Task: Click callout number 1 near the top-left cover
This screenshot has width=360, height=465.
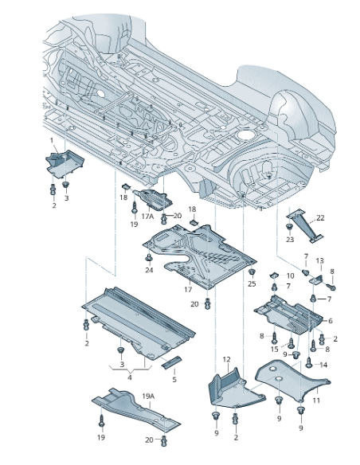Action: tap(53, 141)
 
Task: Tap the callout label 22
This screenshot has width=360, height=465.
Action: tap(320, 217)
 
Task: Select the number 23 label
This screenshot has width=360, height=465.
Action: tap(289, 239)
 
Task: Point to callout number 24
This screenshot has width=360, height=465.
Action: tap(148, 270)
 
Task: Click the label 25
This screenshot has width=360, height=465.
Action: tap(252, 283)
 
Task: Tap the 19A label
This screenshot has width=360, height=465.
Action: tap(148, 396)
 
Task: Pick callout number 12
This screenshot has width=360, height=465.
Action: tap(226, 359)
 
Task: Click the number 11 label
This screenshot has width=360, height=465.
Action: tap(315, 401)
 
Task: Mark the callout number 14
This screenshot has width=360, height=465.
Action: tap(323, 364)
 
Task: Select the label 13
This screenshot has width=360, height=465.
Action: tap(319, 261)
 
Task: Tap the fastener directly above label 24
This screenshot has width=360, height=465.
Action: tap(149, 257)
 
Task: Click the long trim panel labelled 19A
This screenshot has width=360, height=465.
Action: tap(131, 408)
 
